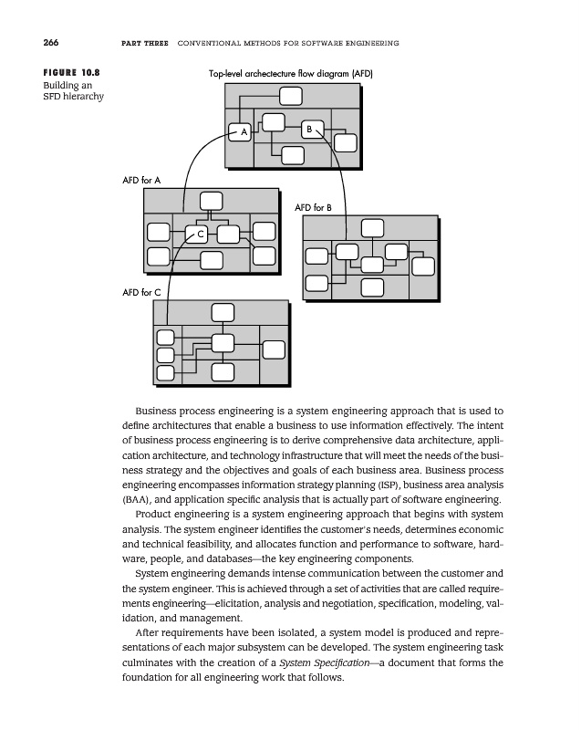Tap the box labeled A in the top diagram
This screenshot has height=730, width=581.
[x=242, y=132]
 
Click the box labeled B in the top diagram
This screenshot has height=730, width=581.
[x=310, y=130]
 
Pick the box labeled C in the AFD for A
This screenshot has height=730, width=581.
[x=198, y=235]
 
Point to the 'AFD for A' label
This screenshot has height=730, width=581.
[x=141, y=181]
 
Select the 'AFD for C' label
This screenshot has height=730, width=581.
[x=141, y=293]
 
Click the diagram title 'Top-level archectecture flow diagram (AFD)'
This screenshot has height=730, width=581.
[x=291, y=73]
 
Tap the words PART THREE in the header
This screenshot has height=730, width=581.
[x=144, y=45]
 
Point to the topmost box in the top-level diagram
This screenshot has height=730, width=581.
[x=291, y=96]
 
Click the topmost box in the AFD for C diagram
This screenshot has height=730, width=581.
[x=222, y=312]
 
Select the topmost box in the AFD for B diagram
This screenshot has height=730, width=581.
[x=372, y=228]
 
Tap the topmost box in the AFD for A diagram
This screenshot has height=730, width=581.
[x=211, y=201]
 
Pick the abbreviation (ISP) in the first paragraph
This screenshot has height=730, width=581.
[x=387, y=484]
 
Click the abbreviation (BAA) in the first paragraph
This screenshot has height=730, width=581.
[x=135, y=500]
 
